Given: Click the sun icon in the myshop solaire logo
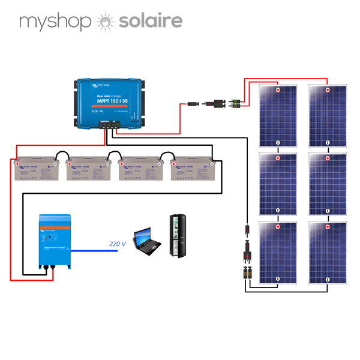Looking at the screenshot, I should click(x=104, y=22).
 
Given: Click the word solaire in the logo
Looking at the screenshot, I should click(x=149, y=22).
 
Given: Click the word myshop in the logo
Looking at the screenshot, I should click(x=56, y=23).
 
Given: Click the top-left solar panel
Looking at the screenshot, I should click(x=278, y=116).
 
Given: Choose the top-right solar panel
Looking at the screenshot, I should click(x=328, y=116).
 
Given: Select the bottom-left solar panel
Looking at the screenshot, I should click(x=278, y=252).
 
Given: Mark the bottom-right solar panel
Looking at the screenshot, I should click(x=328, y=252).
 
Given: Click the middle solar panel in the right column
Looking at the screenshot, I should click(x=328, y=184).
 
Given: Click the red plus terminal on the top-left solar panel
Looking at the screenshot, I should click(x=278, y=91).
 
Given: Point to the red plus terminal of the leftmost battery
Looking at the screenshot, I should click(x=19, y=163).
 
